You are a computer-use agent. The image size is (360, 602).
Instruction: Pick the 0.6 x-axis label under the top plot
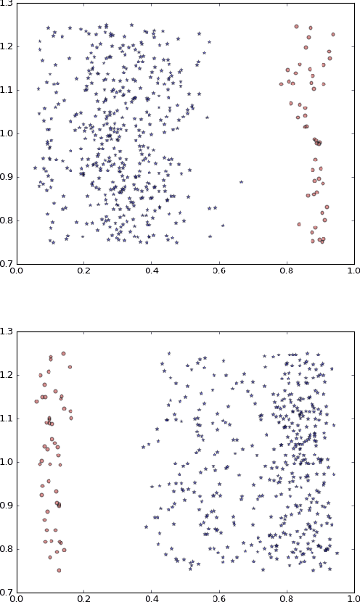[218, 272]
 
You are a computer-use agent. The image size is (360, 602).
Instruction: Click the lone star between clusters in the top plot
[241, 182]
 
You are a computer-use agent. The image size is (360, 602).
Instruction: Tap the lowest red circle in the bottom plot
[59, 570]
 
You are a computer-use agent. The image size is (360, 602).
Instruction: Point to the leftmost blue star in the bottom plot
[143, 448]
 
